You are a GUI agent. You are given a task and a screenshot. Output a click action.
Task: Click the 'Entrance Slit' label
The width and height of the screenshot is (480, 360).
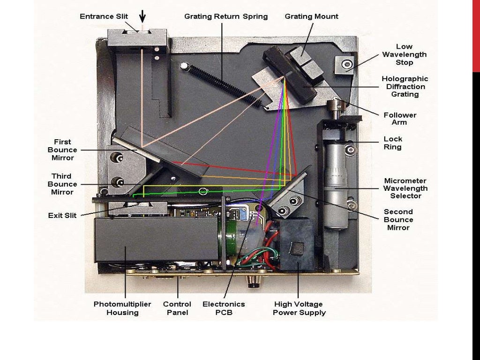(x=104, y=16)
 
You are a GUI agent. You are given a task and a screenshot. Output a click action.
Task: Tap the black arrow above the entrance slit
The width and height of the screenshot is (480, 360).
(x=142, y=16)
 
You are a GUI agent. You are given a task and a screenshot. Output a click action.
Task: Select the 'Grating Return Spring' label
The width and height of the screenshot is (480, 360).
(x=226, y=16)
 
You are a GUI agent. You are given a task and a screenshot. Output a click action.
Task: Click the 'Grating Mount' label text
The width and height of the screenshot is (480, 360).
(x=311, y=16)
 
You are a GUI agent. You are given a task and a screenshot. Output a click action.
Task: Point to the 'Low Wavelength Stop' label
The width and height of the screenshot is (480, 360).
(x=404, y=54)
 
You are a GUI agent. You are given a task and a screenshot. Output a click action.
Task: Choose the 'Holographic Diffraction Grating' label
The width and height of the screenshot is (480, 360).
(x=405, y=86)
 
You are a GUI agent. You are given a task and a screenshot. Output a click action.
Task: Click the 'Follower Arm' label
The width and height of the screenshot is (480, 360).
(x=400, y=119)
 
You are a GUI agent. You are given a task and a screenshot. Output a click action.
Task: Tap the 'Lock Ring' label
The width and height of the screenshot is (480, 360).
(x=393, y=143)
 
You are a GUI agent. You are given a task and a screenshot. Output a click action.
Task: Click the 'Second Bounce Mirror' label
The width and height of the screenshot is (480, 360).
(x=398, y=219)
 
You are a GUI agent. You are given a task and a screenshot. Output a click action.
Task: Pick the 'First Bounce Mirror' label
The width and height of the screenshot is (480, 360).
(x=62, y=150)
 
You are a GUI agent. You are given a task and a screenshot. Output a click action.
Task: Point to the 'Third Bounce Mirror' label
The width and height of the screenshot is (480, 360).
(x=62, y=184)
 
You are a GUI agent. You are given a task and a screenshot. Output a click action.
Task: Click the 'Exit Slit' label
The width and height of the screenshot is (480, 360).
(x=62, y=216)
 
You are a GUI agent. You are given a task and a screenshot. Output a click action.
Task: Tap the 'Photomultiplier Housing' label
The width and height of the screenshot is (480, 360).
(x=122, y=308)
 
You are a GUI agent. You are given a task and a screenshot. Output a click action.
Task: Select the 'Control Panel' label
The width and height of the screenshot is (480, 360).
(x=177, y=308)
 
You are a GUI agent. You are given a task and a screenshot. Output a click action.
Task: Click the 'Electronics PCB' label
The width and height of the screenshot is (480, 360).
(x=224, y=308)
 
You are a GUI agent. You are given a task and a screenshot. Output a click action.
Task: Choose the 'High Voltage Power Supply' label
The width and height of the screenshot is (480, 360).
(x=299, y=308)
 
